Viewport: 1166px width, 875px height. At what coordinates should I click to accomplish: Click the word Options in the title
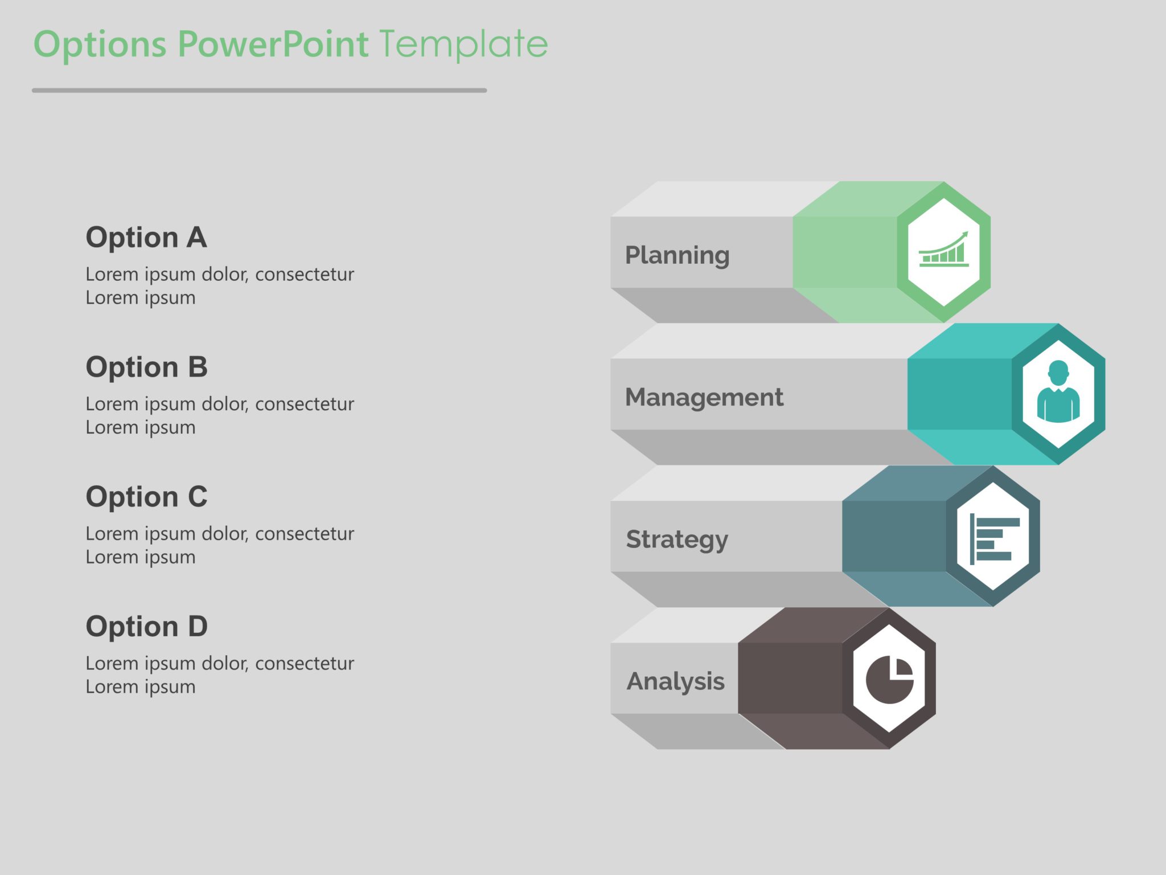pos(100,44)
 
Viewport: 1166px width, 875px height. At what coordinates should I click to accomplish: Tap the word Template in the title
pos(463,44)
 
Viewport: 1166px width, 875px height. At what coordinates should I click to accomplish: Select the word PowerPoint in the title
pos(273,44)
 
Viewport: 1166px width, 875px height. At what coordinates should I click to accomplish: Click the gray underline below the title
pos(259,90)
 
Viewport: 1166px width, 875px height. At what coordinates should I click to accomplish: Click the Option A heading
pos(146,237)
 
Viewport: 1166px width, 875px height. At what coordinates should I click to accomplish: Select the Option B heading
pos(146,367)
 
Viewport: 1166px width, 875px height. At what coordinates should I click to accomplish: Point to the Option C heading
pos(146,497)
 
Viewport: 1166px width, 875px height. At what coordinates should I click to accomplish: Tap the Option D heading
pos(146,627)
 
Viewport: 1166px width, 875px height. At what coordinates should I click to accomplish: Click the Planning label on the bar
pos(677,255)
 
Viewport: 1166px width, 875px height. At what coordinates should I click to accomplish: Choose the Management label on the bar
pos(704,397)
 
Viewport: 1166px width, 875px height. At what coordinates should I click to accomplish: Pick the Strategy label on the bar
pos(677,539)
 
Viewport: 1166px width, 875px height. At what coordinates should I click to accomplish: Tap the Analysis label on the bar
pos(675,681)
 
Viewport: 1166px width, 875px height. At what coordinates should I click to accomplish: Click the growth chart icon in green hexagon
pos(943,251)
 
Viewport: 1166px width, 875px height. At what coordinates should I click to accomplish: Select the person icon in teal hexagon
pos(1058,392)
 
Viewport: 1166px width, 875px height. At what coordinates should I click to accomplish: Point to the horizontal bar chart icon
pos(993,538)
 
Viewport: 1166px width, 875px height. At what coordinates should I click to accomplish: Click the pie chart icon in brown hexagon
pos(889,679)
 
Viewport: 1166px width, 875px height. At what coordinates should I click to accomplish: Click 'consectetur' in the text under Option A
pos(305,275)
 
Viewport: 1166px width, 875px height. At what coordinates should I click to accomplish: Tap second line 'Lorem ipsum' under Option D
pos(141,687)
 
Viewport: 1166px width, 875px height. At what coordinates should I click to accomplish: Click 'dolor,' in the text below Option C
pos(225,534)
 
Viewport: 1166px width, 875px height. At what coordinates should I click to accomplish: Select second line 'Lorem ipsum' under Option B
pos(141,428)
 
